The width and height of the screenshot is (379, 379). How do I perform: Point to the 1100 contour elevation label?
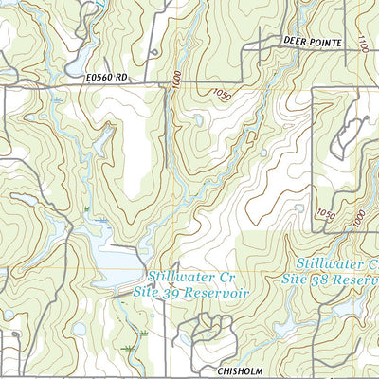[363, 43]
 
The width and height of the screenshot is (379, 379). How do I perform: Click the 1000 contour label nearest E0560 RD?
[176, 80]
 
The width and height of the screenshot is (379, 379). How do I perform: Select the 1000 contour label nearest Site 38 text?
[358, 218]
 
